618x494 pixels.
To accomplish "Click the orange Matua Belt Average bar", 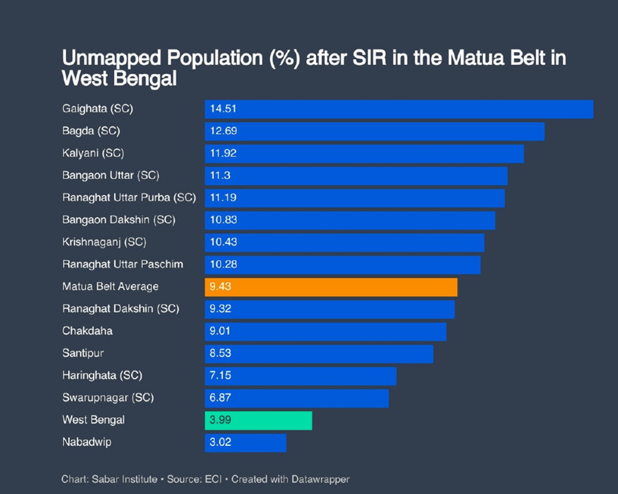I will tap(330, 287).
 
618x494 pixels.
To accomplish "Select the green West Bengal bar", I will tap(258, 421).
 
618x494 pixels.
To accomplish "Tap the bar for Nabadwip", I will tap(245, 443).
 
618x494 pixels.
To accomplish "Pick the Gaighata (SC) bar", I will tap(398, 109).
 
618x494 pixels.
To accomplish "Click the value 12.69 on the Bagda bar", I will tap(223, 131).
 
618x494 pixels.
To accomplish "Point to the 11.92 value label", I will tap(223, 153).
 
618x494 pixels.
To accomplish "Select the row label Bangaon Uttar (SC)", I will tap(111, 176).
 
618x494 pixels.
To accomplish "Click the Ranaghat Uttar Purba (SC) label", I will tap(129, 198).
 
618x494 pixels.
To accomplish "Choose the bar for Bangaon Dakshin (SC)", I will tap(350, 220).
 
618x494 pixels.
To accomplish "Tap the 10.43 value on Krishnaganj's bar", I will tap(223, 242).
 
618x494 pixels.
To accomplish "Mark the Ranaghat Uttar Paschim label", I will tap(122, 264).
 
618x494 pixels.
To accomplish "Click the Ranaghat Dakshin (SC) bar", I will tap(329, 309).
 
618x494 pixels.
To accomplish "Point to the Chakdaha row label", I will tap(87, 331).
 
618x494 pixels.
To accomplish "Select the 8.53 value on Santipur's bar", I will tap(221, 353).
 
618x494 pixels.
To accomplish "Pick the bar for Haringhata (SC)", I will tap(300, 376).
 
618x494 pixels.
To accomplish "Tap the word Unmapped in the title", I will tap(107, 58).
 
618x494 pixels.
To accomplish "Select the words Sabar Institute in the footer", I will tap(123, 479).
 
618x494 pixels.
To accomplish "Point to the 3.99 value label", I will tap(221, 421).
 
